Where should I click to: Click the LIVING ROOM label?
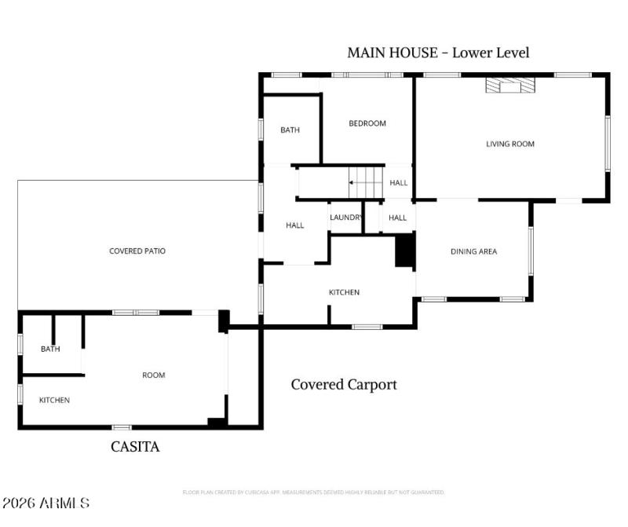tap(510, 144)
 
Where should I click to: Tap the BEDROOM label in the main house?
tap(367, 123)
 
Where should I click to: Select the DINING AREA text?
tap(473, 251)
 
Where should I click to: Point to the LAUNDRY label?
tap(346, 218)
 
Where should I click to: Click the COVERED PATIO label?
tap(137, 251)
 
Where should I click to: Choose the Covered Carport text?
tap(344, 385)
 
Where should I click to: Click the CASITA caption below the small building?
tap(135, 447)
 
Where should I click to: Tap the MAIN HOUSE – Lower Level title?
tap(438, 53)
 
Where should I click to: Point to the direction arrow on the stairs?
tap(358, 183)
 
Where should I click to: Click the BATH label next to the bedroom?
tap(290, 130)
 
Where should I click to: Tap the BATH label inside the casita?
tap(50, 350)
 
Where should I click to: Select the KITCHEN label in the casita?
tap(54, 401)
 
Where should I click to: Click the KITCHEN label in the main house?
tap(344, 292)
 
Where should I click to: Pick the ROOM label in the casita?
tap(154, 375)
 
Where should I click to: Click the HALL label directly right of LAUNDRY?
tap(398, 218)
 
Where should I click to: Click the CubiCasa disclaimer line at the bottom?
tap(313, 492)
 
